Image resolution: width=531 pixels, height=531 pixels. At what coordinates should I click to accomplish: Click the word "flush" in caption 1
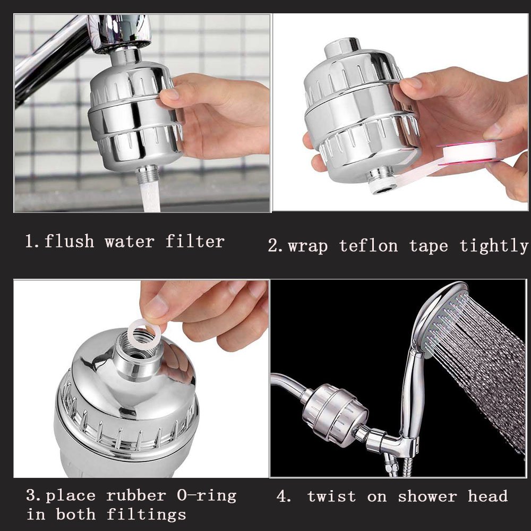[x=69, y=242]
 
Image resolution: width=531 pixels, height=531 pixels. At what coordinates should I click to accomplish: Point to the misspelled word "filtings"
[x=146, y=515]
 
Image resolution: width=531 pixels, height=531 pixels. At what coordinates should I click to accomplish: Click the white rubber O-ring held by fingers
[x=144, y=333]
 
